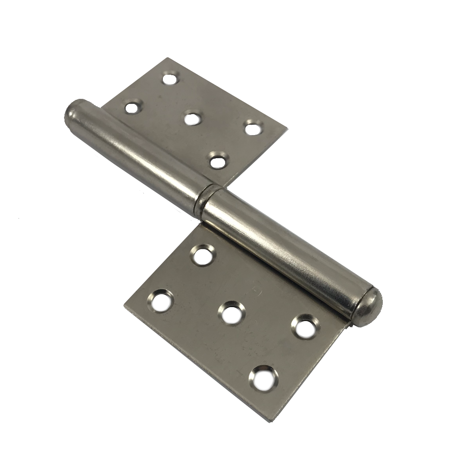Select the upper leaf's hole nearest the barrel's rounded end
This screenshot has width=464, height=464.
[132, 108]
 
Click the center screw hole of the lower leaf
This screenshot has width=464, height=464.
[230, 312]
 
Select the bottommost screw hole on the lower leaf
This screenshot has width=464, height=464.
[263, 375]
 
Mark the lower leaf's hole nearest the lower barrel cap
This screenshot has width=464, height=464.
[304, 327]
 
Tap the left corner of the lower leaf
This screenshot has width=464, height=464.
[124, 306]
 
